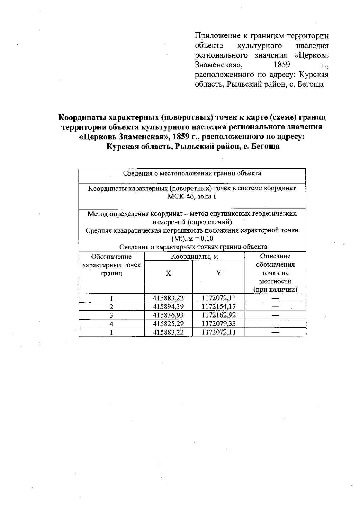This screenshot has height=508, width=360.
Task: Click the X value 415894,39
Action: (168, 306)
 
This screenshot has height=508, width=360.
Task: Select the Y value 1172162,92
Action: (219, 315)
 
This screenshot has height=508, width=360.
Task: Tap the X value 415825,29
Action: (168, 324)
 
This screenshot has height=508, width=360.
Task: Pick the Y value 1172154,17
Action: (219, 306)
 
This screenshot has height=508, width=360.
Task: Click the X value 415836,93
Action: (168, 315)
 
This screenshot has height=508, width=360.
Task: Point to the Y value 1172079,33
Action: (219, 324)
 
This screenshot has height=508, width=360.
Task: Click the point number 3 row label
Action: (111, 315)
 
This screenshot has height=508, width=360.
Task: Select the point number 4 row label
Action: (111, 324)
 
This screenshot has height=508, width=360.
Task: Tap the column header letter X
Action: (168, 273)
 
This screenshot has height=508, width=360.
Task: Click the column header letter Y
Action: (219, 273)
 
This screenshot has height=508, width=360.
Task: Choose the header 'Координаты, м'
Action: (194, 257)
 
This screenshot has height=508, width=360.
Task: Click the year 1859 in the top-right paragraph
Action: (282, 65)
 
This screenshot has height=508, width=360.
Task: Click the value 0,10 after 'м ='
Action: (207, 239)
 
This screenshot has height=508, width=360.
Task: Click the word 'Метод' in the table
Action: (97, 214)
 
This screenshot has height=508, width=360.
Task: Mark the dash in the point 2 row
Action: (275, 307)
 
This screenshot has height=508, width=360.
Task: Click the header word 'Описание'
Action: (275, 256)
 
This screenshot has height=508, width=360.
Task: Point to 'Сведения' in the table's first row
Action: (137, 173)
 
